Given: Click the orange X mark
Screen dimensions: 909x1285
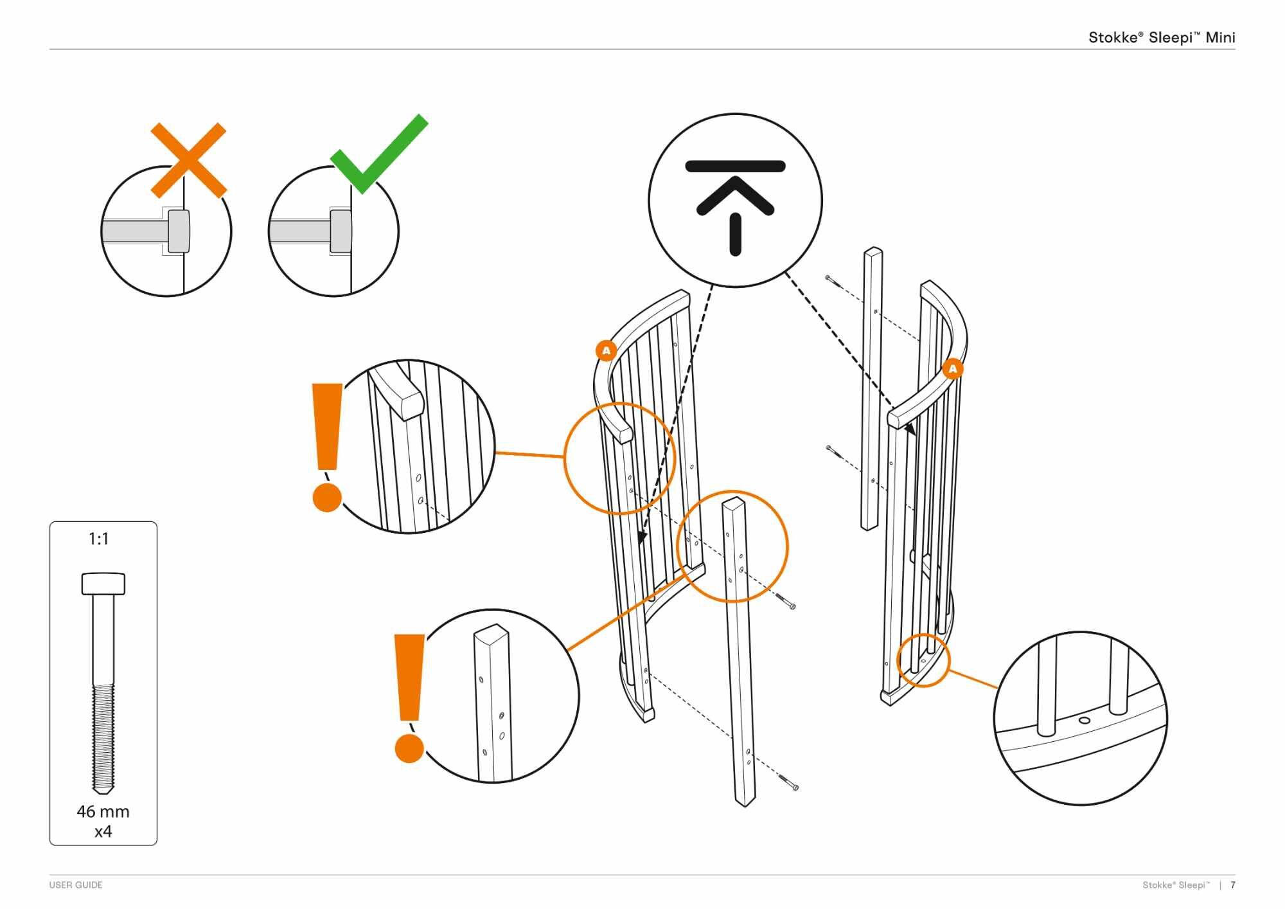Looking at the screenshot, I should pos(188,160).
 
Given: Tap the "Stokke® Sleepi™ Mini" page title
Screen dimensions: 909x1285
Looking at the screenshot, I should pos(1161,37).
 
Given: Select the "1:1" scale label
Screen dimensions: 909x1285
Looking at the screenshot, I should pos(99,539).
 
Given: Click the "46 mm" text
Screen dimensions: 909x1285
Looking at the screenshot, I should pos(103,811).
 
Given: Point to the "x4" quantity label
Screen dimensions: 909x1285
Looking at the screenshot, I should pos(103,832).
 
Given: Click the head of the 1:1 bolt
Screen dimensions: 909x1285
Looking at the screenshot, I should pos(103,583).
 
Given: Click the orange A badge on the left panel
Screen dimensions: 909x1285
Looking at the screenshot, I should pos(606,351).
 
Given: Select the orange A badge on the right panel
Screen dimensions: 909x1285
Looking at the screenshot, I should pos(952,369).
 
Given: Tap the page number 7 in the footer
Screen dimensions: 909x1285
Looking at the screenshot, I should pos(1232,885).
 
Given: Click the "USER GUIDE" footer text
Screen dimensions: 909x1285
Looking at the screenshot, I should pos(76,885).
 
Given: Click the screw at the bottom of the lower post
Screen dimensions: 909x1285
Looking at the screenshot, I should pos(789,782).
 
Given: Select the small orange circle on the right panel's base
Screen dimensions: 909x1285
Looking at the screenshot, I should pos(923,660).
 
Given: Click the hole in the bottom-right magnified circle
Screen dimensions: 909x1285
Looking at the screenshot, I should pos(1085,720).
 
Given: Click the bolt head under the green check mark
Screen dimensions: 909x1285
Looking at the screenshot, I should pos(341,231).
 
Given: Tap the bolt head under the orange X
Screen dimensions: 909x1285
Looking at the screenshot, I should pos(179,231).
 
